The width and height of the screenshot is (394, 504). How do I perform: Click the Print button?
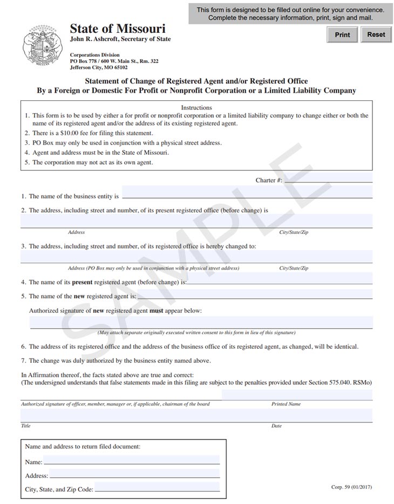(x=342, y=34)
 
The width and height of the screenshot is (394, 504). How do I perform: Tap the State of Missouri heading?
(x=118, y=29)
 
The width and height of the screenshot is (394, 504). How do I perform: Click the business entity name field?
(x=247, y=193)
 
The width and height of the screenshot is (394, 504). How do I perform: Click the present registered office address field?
(x=196, y=221)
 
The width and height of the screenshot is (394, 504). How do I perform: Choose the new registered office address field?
(x=196, y=257)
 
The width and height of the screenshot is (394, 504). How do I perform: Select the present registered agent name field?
(x=280, y=279)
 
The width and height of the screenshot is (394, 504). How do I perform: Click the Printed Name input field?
(x=297, y=395)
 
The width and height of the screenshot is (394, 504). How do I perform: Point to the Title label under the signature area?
(x=26, y=426)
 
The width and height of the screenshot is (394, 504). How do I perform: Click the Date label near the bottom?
(x=276, y=426)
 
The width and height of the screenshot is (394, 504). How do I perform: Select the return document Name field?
(x=132, y=460)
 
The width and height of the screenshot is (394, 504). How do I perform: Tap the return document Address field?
(x=134, y=474)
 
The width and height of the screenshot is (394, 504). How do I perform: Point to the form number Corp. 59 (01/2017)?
(x=351, y=487)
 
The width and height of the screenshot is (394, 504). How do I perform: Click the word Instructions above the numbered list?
(x=196, y=107)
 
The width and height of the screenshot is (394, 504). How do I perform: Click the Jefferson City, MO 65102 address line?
(x=99, y=68)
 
